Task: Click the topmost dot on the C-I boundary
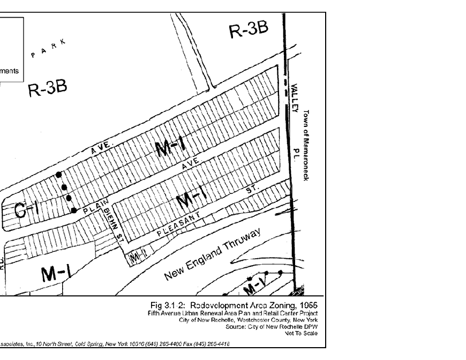pyautogui.click(x=59, y=175)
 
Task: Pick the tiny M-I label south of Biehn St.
pyautogui.click(x=137, y=258)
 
